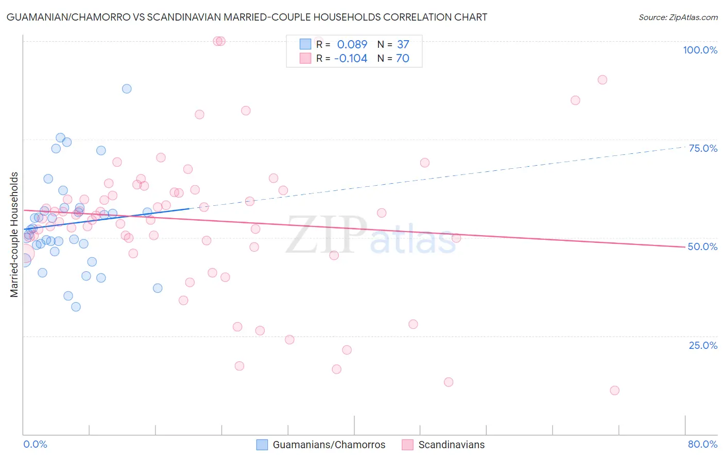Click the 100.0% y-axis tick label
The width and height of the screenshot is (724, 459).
[700, 50]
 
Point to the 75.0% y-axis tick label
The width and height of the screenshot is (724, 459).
[703, 148]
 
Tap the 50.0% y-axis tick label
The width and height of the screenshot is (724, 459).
[702, 246]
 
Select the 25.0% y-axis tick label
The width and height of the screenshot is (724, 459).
[703, 345]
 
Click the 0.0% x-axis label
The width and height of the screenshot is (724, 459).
[35, 444]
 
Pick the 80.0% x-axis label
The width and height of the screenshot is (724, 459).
[702, 444]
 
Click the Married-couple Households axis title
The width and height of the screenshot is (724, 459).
[14, 234]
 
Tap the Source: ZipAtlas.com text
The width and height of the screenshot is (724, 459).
[678, 17]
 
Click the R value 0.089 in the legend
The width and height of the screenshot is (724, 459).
[352, 45]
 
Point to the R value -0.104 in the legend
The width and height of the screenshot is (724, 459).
[351, 59]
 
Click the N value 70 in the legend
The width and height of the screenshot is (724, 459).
[402, 59]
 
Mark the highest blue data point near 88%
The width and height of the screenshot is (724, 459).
[127, 89]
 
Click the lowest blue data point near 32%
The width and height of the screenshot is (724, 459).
[76, 307]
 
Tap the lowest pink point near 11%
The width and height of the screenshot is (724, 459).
[614, 391]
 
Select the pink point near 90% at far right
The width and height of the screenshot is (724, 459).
[602, 80]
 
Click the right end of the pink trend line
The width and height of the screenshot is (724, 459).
[685, 247]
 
